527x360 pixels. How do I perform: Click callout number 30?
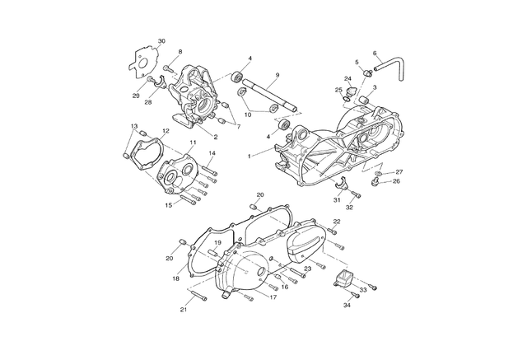tap(161, 41)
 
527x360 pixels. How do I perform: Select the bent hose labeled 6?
tap(391, 67)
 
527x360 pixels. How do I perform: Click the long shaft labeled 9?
tap(270, 95)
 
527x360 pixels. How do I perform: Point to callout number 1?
tap(249, 156)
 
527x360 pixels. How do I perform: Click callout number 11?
tap(193, 143)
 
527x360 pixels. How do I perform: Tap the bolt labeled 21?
tap(198, 295)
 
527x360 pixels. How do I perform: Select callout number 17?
tap(273, 297)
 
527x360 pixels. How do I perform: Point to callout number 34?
tap(347, 305)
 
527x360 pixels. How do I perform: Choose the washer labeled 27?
tap(379, 173)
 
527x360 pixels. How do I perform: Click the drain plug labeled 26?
tap(374, 182)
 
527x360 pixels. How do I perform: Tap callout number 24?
tap(347, 78)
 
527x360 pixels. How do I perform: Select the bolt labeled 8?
tap(168, 69)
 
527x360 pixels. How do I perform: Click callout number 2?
tap(216, 137)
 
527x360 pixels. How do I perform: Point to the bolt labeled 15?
tap(189, 199)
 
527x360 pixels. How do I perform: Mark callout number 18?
tap(175, 278)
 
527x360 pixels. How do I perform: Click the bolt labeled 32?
tap(357, 194)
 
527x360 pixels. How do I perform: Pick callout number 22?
tap(337, 221)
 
